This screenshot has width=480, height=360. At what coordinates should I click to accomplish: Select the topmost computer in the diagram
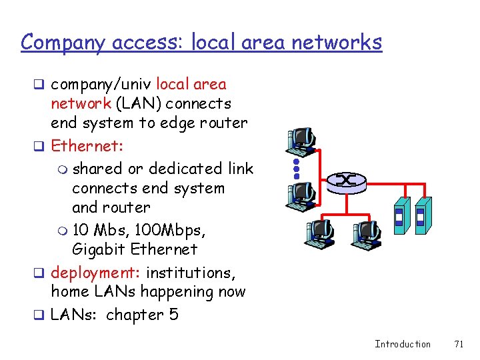301,138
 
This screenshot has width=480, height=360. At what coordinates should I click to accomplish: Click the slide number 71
458,344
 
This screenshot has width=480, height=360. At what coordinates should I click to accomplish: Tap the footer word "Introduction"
403,344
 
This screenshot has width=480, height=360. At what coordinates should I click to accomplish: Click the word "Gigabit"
97,249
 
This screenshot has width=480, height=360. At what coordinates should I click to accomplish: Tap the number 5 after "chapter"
174,314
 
